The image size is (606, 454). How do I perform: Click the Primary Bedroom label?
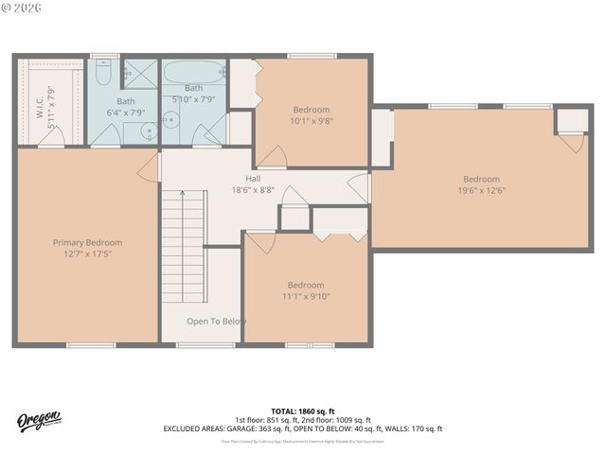tap(87, 242)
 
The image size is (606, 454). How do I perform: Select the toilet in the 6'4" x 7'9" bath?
tap(104, 73)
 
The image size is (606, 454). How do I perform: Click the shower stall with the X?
tap(141, 74)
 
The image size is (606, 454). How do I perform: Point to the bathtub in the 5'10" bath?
tap(194, 73)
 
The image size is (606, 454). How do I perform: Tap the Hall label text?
tap(253, 178)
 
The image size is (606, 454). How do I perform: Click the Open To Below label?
tap(216, 322)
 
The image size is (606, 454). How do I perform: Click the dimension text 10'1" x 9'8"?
tap(311, 121)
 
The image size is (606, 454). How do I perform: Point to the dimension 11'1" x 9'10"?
tap(306, 296)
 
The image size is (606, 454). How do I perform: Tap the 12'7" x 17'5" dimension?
tap(87, 254)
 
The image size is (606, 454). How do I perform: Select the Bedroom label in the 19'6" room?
tap(481, 179)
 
